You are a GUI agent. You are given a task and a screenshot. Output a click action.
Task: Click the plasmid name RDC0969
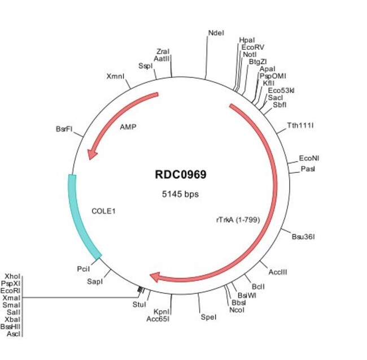pyautogui.click(x=180, y=175)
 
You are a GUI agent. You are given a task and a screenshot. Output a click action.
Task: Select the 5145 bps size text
pyautogui.click(x=180, y=194)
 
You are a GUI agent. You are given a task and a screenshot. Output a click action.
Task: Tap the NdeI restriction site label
pyautogui.click(x=216, y=33)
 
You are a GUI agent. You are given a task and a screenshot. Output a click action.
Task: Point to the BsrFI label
pyautogui.click(x=64, y=129)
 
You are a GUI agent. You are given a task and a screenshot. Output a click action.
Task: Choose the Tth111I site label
pyautogui.click(x=300, y=124)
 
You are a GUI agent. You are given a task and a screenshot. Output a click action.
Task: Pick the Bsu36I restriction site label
pyautogui.click(x=303, y=236)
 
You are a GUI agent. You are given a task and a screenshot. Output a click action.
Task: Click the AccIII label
pyautogui.click(x=278, y=272)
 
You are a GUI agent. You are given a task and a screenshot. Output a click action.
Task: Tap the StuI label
pyautogui.click(x=139, y=305)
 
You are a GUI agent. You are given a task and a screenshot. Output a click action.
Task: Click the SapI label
pyautogui.click(x=94, y=281)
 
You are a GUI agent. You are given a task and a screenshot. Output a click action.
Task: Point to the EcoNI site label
pyautogui.click(x=309, y=159)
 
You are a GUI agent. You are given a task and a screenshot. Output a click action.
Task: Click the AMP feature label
pyautogui.click(x=128, y=127)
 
